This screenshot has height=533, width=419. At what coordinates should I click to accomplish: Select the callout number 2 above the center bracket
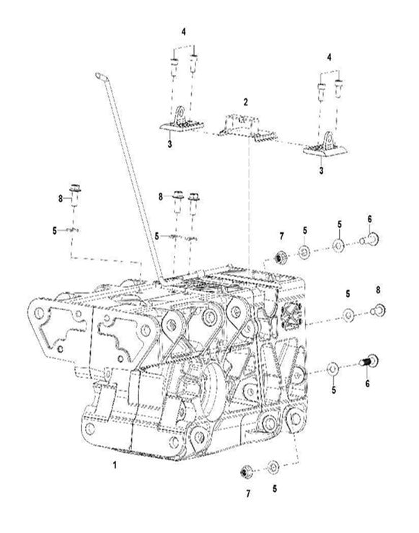click(245, 102)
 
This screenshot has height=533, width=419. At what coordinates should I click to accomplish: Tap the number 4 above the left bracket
click(184, 32)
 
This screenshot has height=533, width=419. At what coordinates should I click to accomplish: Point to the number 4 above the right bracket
click(330, 56)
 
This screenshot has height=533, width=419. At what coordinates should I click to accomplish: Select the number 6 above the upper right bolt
click(369, 219)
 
